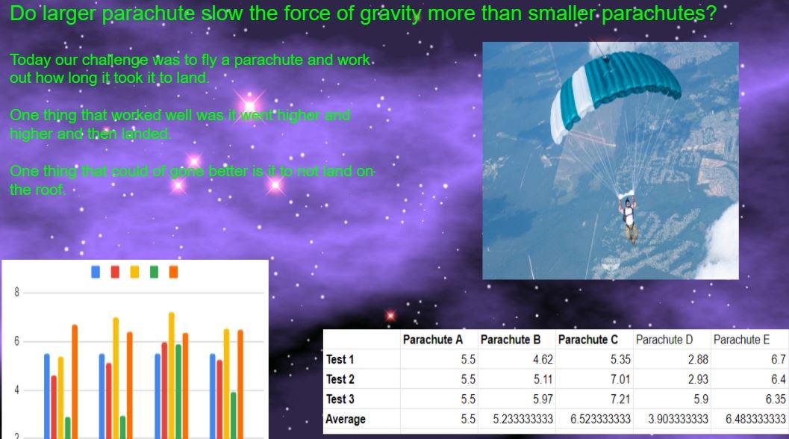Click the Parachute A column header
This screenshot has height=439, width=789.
coord(432,340)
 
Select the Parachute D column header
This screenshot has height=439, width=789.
coord(664,340)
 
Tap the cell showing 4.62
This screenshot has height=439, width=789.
coord(543,359)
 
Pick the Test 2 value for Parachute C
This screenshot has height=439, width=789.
coord(620,379)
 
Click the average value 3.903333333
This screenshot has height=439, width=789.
coord(679,419)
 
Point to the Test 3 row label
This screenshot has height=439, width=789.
coord(340,399)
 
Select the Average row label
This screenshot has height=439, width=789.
coord(346,419)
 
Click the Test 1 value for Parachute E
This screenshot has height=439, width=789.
coord(778,359)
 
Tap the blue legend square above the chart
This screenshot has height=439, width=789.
coord(96,272)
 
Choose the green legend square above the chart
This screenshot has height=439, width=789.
coord(154,272)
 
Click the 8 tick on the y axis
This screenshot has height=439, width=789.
coord(16,292)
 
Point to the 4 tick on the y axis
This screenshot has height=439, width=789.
coord(16,390)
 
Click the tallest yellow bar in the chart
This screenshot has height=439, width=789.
coord(172,376)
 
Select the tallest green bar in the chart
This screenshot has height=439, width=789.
coord(178,392)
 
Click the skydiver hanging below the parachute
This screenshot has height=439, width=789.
coord(628,219)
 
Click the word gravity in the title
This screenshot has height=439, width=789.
coord(390,13)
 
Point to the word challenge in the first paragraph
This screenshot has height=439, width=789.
coord(115,60)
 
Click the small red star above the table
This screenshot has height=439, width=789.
coord(390,316)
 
